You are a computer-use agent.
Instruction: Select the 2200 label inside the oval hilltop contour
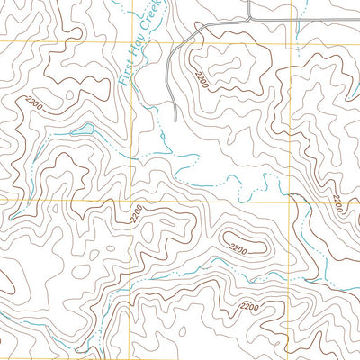(x=238, y=247)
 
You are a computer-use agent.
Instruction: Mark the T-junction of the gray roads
(x=248, y=20)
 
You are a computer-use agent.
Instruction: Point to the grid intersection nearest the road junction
(x=291, y=41)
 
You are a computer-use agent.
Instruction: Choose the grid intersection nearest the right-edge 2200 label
(x=291, y=200)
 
